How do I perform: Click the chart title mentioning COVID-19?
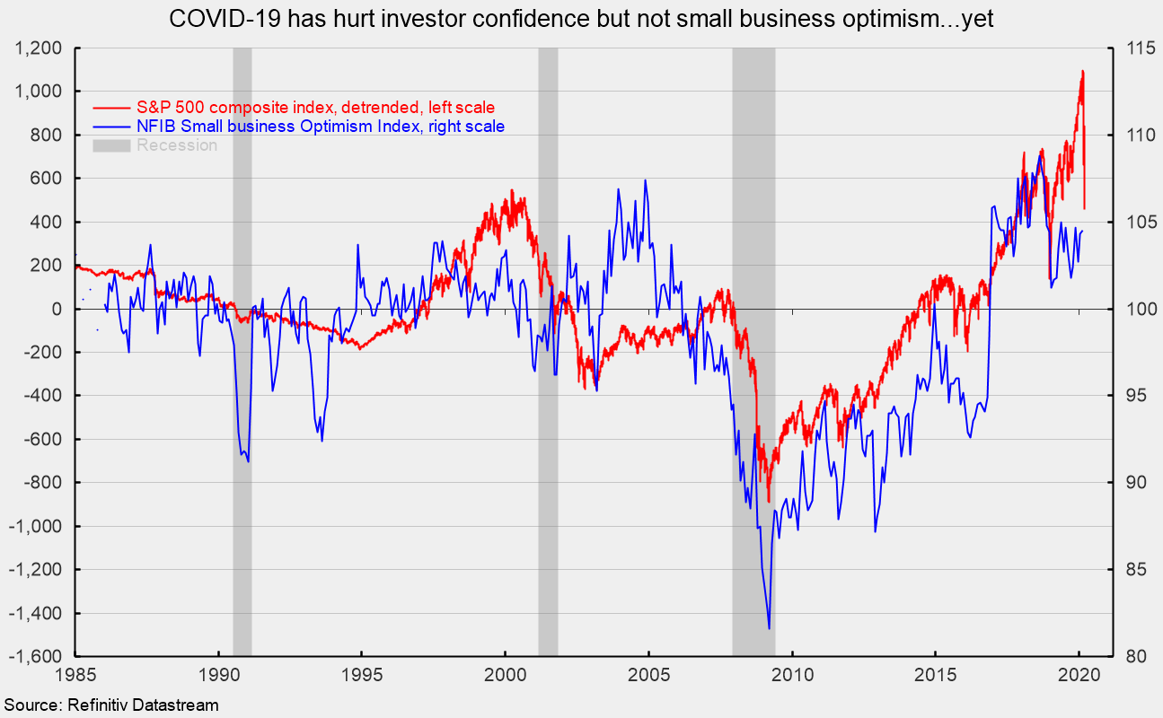(x=581, y=20)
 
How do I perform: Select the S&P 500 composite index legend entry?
(x=315, y=107)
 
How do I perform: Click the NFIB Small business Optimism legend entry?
(x=320, y=127)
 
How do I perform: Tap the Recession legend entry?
(x=176, y=145)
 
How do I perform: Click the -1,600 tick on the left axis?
(x=33, y=657)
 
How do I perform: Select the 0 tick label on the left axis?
(x=56, y=310)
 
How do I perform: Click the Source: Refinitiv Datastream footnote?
(x=110, y=705)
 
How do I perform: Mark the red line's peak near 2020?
(x=1082, y=71)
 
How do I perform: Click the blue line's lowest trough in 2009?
(x=770, y=628)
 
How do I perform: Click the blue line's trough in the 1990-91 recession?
(x=248, y=461)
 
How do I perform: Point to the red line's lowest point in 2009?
(x=768, y=501)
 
